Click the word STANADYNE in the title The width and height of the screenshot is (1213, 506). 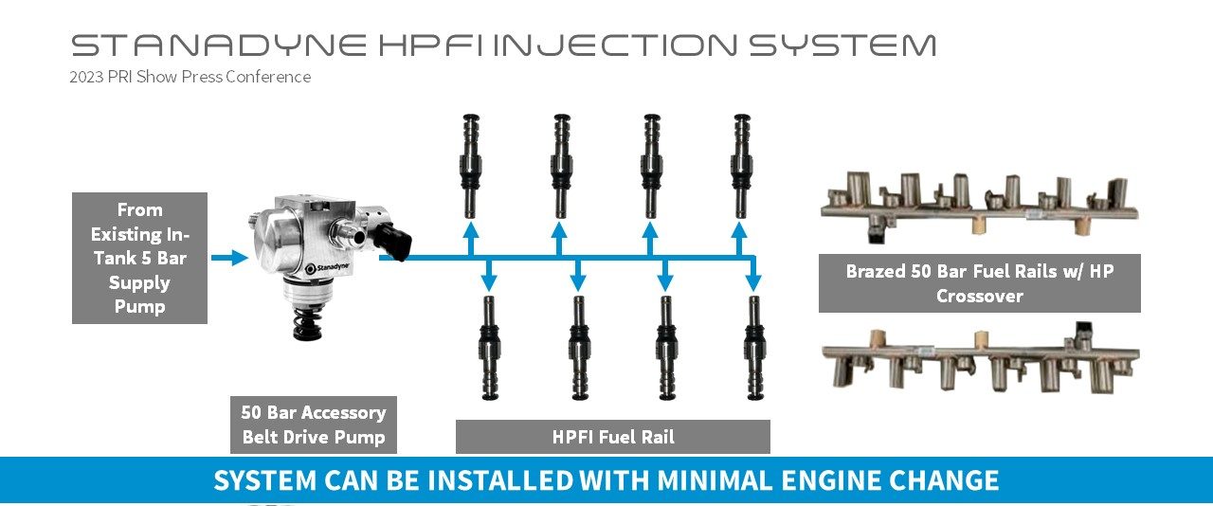[x=219, y=45]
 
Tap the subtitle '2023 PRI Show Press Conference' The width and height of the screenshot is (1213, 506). [x=190, y=77]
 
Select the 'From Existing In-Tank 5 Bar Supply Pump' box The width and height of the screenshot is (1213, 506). [x=139, y=258]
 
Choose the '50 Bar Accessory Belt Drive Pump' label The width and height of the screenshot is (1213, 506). [x=314, y=425]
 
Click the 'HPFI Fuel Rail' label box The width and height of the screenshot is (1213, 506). [x=612, y=437]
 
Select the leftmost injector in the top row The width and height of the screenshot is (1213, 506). [x=471, y=165]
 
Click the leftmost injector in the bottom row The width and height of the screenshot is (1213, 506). [x=489, y=347]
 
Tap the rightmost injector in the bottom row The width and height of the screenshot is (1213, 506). [x=754, y=347]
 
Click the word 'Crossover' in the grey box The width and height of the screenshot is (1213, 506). [x=979, y=296]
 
